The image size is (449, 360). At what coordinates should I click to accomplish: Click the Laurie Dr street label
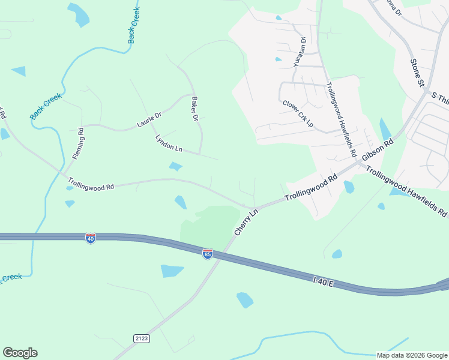pyautogui.click(x=149, y=120)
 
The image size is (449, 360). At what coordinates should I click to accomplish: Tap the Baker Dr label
pyautogui.click(x=194, y=109)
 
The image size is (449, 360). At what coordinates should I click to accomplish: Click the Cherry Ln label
pyautogui.click(x=246, y=221)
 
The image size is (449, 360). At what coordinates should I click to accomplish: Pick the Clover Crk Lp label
pyautogui.click(x=298, y=113)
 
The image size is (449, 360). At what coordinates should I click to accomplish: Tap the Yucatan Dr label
pyautogui.click(x=300, y=52)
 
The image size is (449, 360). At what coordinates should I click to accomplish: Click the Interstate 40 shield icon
pyautogui.click(x=91, y=238)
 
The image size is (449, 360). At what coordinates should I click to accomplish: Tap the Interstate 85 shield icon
pyautogui.click(x=207, y=254)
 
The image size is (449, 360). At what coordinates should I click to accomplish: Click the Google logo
pyautogui.click(x=20, y=352)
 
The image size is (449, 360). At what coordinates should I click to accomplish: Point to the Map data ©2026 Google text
pyautogui.click(x=411, y=355)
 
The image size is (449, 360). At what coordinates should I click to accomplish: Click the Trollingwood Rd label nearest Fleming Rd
pyautogui.click(x=91, y=182)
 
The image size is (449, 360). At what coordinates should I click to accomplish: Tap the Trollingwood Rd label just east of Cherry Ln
pyautogui.click(x=311, y=188)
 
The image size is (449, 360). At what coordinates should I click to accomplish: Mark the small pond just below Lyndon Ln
pyautogui.click(x=176, y=166)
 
